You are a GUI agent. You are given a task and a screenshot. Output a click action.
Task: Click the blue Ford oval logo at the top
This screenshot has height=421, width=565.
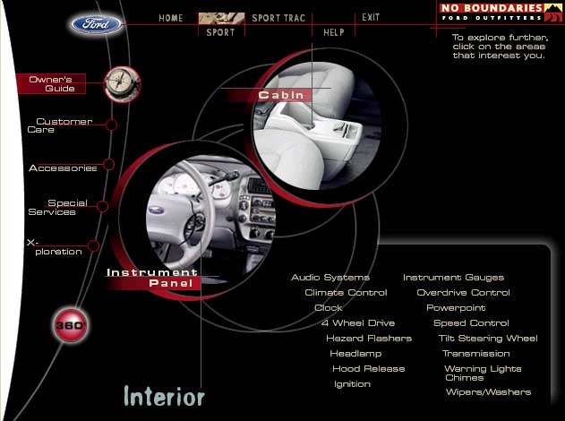96,24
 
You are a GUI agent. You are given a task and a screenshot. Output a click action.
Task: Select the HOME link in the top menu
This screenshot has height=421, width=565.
171,18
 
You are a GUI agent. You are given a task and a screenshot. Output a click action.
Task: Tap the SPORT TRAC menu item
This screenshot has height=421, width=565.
278,18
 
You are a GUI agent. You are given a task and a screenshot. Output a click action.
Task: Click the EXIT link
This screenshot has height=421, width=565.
371,17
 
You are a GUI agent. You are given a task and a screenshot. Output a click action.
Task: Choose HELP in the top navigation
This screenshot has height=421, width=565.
334,32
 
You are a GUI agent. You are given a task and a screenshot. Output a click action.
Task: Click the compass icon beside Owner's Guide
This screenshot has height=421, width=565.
123,83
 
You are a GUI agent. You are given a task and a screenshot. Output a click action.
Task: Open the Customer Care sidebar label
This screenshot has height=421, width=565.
60,125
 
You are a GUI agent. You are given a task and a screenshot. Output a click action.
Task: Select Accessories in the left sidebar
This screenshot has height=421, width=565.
63,168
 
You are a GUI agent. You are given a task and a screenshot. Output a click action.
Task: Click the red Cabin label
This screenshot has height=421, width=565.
280,95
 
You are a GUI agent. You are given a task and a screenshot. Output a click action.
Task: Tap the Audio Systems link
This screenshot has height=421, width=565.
330,277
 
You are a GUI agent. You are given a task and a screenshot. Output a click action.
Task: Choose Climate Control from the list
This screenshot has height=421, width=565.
346,292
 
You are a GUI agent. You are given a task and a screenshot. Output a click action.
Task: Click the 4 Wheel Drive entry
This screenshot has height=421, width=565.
358,322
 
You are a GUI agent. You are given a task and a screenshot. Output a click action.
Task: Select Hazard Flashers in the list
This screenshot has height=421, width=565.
369,338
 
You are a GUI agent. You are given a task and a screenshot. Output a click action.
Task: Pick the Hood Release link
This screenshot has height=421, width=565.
369,368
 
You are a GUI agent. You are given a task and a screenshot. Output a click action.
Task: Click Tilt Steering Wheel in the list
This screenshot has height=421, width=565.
488,338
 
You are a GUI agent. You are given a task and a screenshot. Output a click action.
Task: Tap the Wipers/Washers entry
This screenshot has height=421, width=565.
489,391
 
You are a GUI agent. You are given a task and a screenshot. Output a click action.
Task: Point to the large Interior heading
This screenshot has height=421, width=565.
165,396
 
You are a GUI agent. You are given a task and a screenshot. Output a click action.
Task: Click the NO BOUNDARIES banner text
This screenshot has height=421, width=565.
492,8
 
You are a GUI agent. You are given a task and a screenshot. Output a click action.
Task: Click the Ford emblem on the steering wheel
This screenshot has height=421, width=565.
157,210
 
